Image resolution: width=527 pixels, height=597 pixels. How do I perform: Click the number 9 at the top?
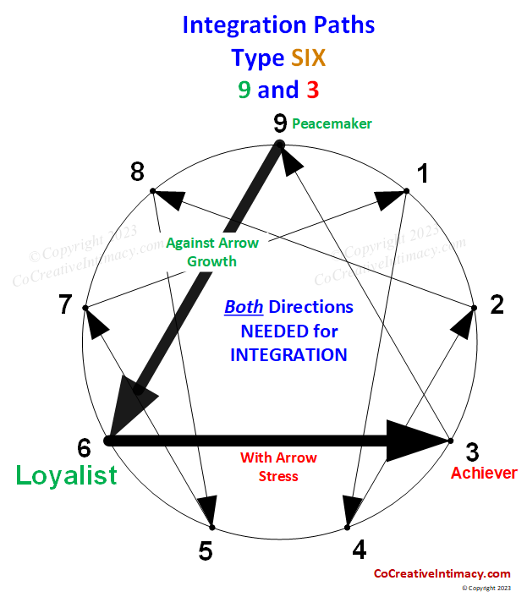(280, 124)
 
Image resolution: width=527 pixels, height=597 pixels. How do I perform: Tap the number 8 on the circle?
(137, 173)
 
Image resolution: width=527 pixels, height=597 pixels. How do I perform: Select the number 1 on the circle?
(422, 174)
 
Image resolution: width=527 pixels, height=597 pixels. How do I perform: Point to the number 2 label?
(497, 304)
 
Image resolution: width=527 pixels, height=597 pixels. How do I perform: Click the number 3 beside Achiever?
(472, 452)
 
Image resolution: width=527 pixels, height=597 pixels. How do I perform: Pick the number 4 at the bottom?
(360, 550)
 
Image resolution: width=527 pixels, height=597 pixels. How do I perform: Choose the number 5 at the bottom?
(206, 551)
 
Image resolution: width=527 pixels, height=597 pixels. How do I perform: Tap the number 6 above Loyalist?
(84, 447)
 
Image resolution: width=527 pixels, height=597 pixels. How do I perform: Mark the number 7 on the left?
(65, 304)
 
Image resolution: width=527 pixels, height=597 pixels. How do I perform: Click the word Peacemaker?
(332, 123)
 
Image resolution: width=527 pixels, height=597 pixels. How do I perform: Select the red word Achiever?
(483, 473)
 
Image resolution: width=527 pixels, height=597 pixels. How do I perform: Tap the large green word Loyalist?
(67, 475)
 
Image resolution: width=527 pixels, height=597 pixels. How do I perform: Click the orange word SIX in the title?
(309, 58)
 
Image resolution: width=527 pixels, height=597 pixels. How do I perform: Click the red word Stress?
(278, 476)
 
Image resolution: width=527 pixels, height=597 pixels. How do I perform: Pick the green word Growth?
(212, 261)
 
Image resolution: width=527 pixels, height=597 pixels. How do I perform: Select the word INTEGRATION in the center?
(288, 354)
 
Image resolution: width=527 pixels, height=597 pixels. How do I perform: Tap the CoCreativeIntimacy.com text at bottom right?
(442, 573)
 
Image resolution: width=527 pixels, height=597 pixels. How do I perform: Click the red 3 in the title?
(312, 89)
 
